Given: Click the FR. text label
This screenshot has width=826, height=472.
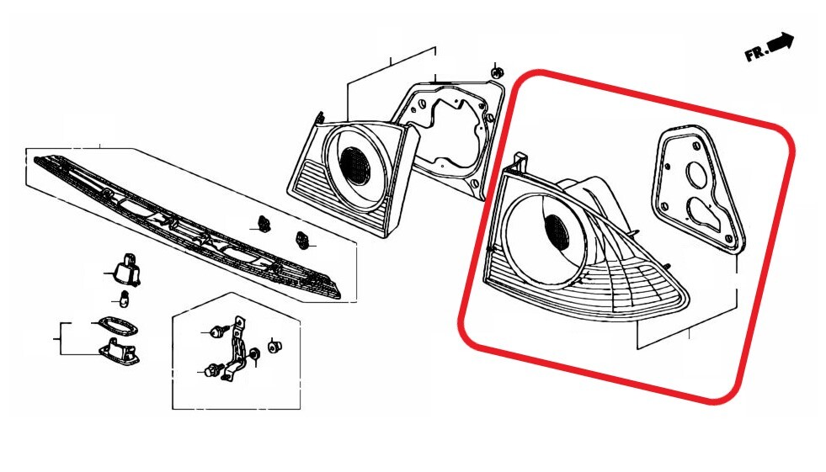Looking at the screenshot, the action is coord(757,53).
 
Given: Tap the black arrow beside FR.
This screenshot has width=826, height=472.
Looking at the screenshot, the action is coord(781,43).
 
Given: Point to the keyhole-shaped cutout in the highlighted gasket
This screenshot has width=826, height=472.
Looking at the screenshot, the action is coord(704,213).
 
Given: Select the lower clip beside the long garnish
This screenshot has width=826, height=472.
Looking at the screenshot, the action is coord(302,240).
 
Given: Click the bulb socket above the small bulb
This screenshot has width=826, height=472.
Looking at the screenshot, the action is coord(127,270).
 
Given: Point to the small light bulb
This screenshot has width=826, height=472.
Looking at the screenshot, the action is coord(125,299).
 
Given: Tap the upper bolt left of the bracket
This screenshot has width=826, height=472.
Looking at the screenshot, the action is coord(217,332).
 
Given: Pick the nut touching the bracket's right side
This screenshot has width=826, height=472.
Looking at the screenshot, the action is coord(253,356).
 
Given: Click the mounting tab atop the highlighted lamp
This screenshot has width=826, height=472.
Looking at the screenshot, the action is coord(520,161).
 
